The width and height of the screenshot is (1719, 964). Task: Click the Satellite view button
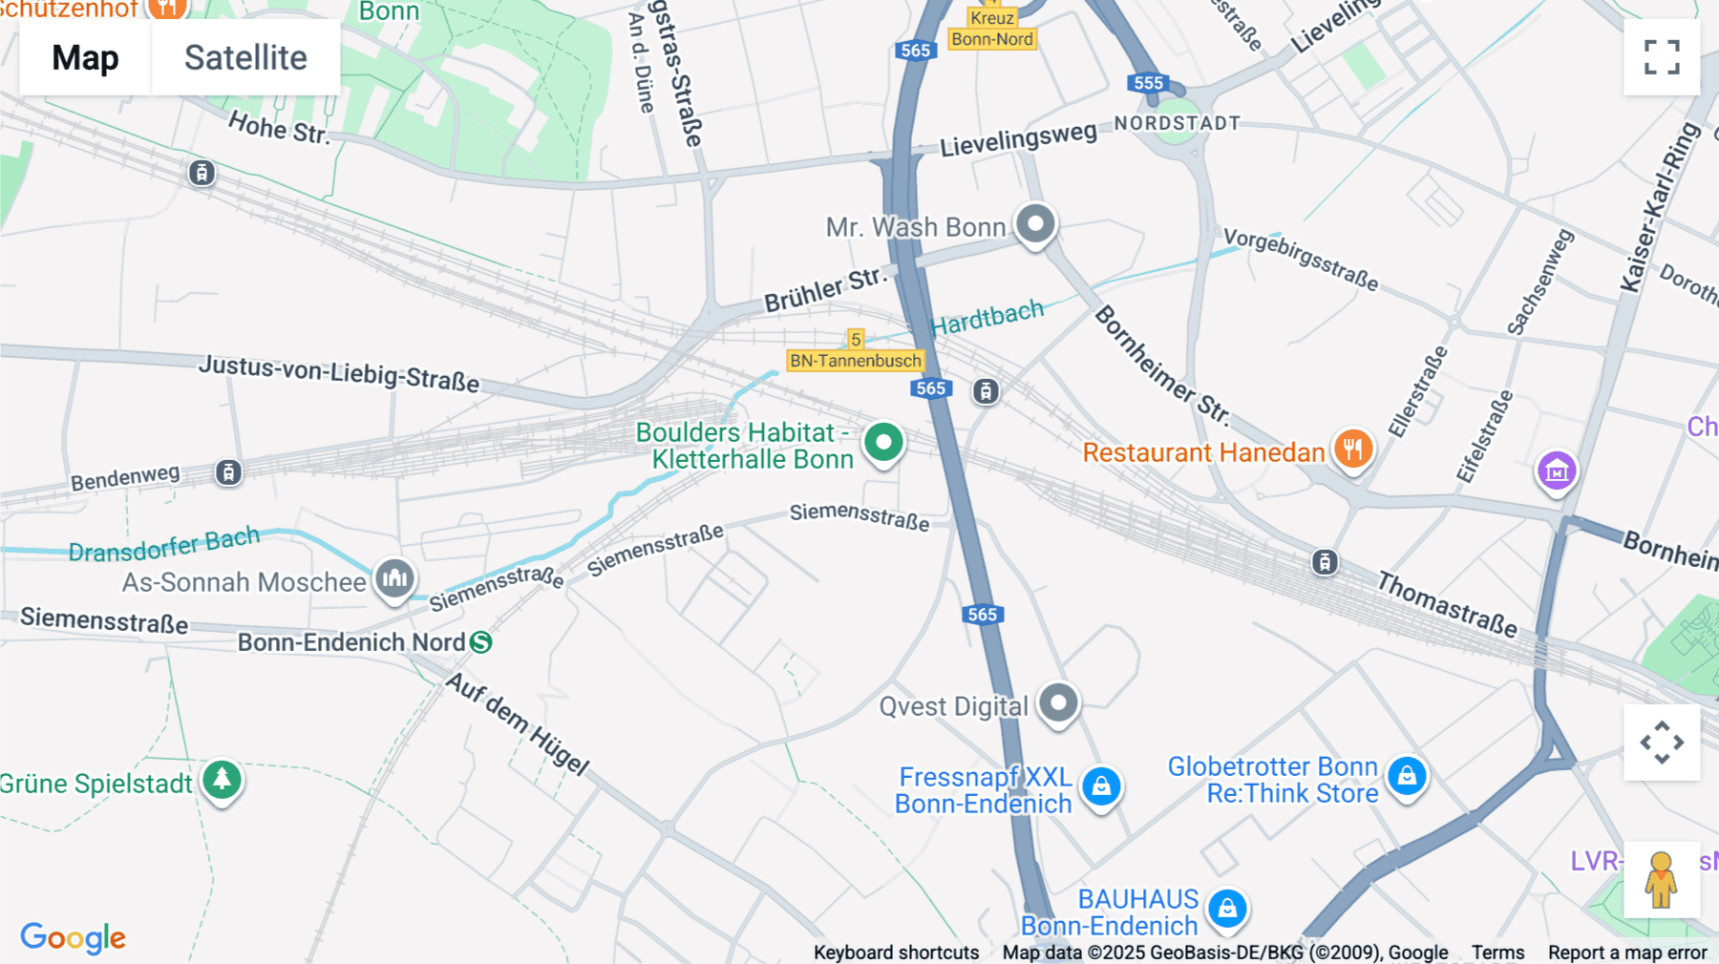click(245, 57)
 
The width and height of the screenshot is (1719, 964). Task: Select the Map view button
click(85, 57)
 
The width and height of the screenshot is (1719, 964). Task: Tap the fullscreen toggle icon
click(1662, 57)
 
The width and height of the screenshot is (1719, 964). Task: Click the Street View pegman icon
click(1661, 880)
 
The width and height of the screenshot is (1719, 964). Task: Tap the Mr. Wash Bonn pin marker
click(1035, 224)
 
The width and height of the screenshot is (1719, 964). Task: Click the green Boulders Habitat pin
click(883, 443)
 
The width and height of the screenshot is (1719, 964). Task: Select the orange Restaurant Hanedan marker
click(1352, 449)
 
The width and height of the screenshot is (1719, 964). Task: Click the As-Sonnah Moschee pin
click(394, 578)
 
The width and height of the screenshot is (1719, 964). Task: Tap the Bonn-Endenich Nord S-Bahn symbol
click(481, 642)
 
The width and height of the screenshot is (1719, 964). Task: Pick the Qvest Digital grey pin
click(1058, 704)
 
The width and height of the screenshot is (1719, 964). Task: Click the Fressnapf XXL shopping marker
click(1101, 786)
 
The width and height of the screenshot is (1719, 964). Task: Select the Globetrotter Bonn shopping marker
click(1407, 776)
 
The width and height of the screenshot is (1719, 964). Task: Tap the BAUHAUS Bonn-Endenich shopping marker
click(1227, 909)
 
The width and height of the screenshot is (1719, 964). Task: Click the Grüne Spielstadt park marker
click(223, 780)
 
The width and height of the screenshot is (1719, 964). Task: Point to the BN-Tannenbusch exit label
click(856, 361)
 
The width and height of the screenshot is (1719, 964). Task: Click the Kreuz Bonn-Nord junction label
click(992, 29)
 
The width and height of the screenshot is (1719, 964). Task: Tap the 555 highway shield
click(1148, 83)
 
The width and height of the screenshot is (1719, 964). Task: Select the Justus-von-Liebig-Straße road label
click(339, 373)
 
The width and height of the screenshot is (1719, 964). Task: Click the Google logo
click(73, 937)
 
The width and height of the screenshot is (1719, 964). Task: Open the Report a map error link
click(1627, 953)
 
